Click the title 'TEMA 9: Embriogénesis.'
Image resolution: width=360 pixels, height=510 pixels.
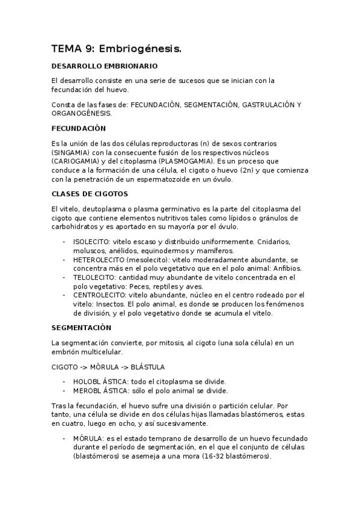click(x=116, y=49)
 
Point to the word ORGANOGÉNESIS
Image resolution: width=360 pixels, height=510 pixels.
click(x=81, y=113)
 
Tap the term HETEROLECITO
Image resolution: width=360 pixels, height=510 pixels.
click(x=100, y=259)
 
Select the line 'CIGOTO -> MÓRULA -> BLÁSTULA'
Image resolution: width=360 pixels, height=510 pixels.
click(x=108, y=366)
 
